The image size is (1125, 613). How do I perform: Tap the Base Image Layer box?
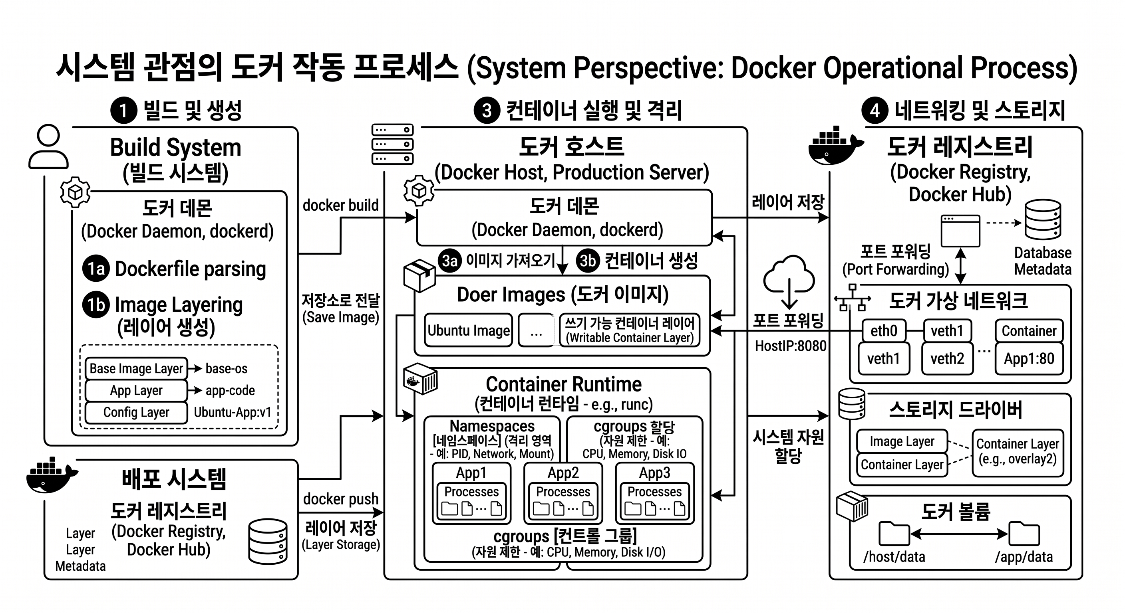tap(136, 368)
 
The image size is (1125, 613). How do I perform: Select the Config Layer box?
tap(136, 412)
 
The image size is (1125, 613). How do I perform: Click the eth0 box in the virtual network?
tap(883, 331)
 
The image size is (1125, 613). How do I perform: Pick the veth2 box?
tap(947, 359)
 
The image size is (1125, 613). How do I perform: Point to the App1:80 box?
tap(1029, 359)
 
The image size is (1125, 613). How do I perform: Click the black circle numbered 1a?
tap(96, 268)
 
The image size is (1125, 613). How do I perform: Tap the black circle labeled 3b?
tap(588, 261)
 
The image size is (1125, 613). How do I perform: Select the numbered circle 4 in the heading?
tap(875, 111)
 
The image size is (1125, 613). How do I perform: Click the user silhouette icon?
tap(48, 146)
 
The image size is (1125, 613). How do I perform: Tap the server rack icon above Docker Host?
tap(392, 144)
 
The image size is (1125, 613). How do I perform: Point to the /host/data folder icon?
tap(894, 533)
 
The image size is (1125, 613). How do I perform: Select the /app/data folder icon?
tap(1024, 533)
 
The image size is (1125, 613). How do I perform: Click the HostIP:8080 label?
tap(791, 346)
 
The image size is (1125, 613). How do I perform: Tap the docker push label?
tap(341, 499)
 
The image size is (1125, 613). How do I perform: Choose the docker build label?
tap(341, 205)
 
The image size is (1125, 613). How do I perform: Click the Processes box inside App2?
tap(563, 501)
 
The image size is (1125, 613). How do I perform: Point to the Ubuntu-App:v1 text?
tap(233, 412)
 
